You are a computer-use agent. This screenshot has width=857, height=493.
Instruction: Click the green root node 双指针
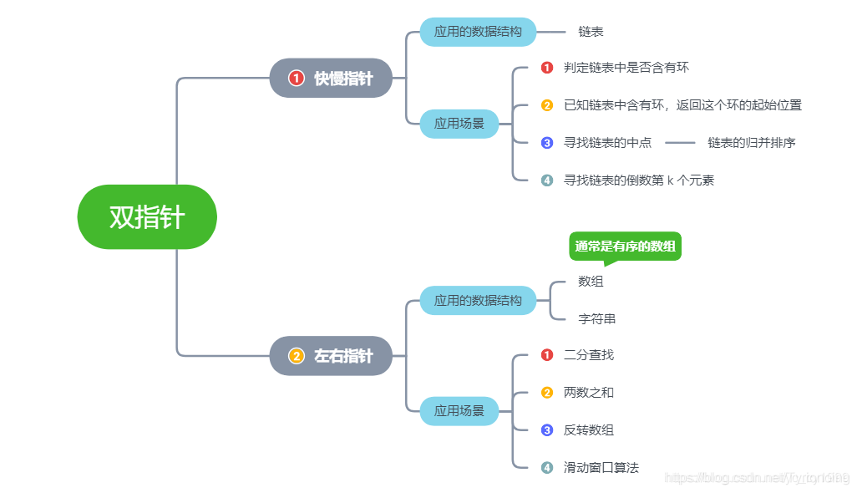[x=147, y=217]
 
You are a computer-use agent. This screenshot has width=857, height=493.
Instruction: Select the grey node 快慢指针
[x=332, y=78]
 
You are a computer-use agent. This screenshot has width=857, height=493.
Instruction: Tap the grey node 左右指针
[x=332, y=356]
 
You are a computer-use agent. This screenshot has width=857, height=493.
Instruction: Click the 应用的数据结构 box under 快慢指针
[x=477, y=32]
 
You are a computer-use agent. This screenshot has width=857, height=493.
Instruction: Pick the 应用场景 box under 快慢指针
[x=459, y=124]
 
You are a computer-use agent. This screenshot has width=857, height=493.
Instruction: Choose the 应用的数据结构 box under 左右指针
[x=477, y=300]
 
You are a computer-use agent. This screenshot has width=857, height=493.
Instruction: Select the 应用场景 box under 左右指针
[x=459, y=411]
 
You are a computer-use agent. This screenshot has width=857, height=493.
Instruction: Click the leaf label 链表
[x=591, y=32]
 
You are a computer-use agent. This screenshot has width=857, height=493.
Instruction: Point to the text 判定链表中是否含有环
[x=626, y=68]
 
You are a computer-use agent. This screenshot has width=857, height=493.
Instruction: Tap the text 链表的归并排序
[x=751, y=143]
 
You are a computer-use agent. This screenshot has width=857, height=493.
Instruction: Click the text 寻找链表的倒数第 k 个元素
[x=638, y=180]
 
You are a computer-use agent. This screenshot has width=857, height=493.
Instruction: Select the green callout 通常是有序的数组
[x=625, y=246]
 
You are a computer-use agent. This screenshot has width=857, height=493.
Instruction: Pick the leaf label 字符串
[x=596, y=318]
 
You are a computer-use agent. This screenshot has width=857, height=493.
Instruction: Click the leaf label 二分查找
[x=588, y=355]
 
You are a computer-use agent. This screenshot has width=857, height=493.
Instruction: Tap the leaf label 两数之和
[x=588, y=393]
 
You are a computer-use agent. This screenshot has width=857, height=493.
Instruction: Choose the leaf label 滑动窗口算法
[x=601, y=468]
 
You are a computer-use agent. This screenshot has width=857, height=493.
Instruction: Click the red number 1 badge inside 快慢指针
[x=296, y=78]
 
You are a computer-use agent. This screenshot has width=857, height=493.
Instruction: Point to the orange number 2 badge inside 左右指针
[x=296, y=356]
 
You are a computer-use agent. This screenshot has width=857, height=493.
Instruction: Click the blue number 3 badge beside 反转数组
[x=547, y=430]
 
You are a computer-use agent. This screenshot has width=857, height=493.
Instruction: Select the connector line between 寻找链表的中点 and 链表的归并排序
[x=680, y=143]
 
